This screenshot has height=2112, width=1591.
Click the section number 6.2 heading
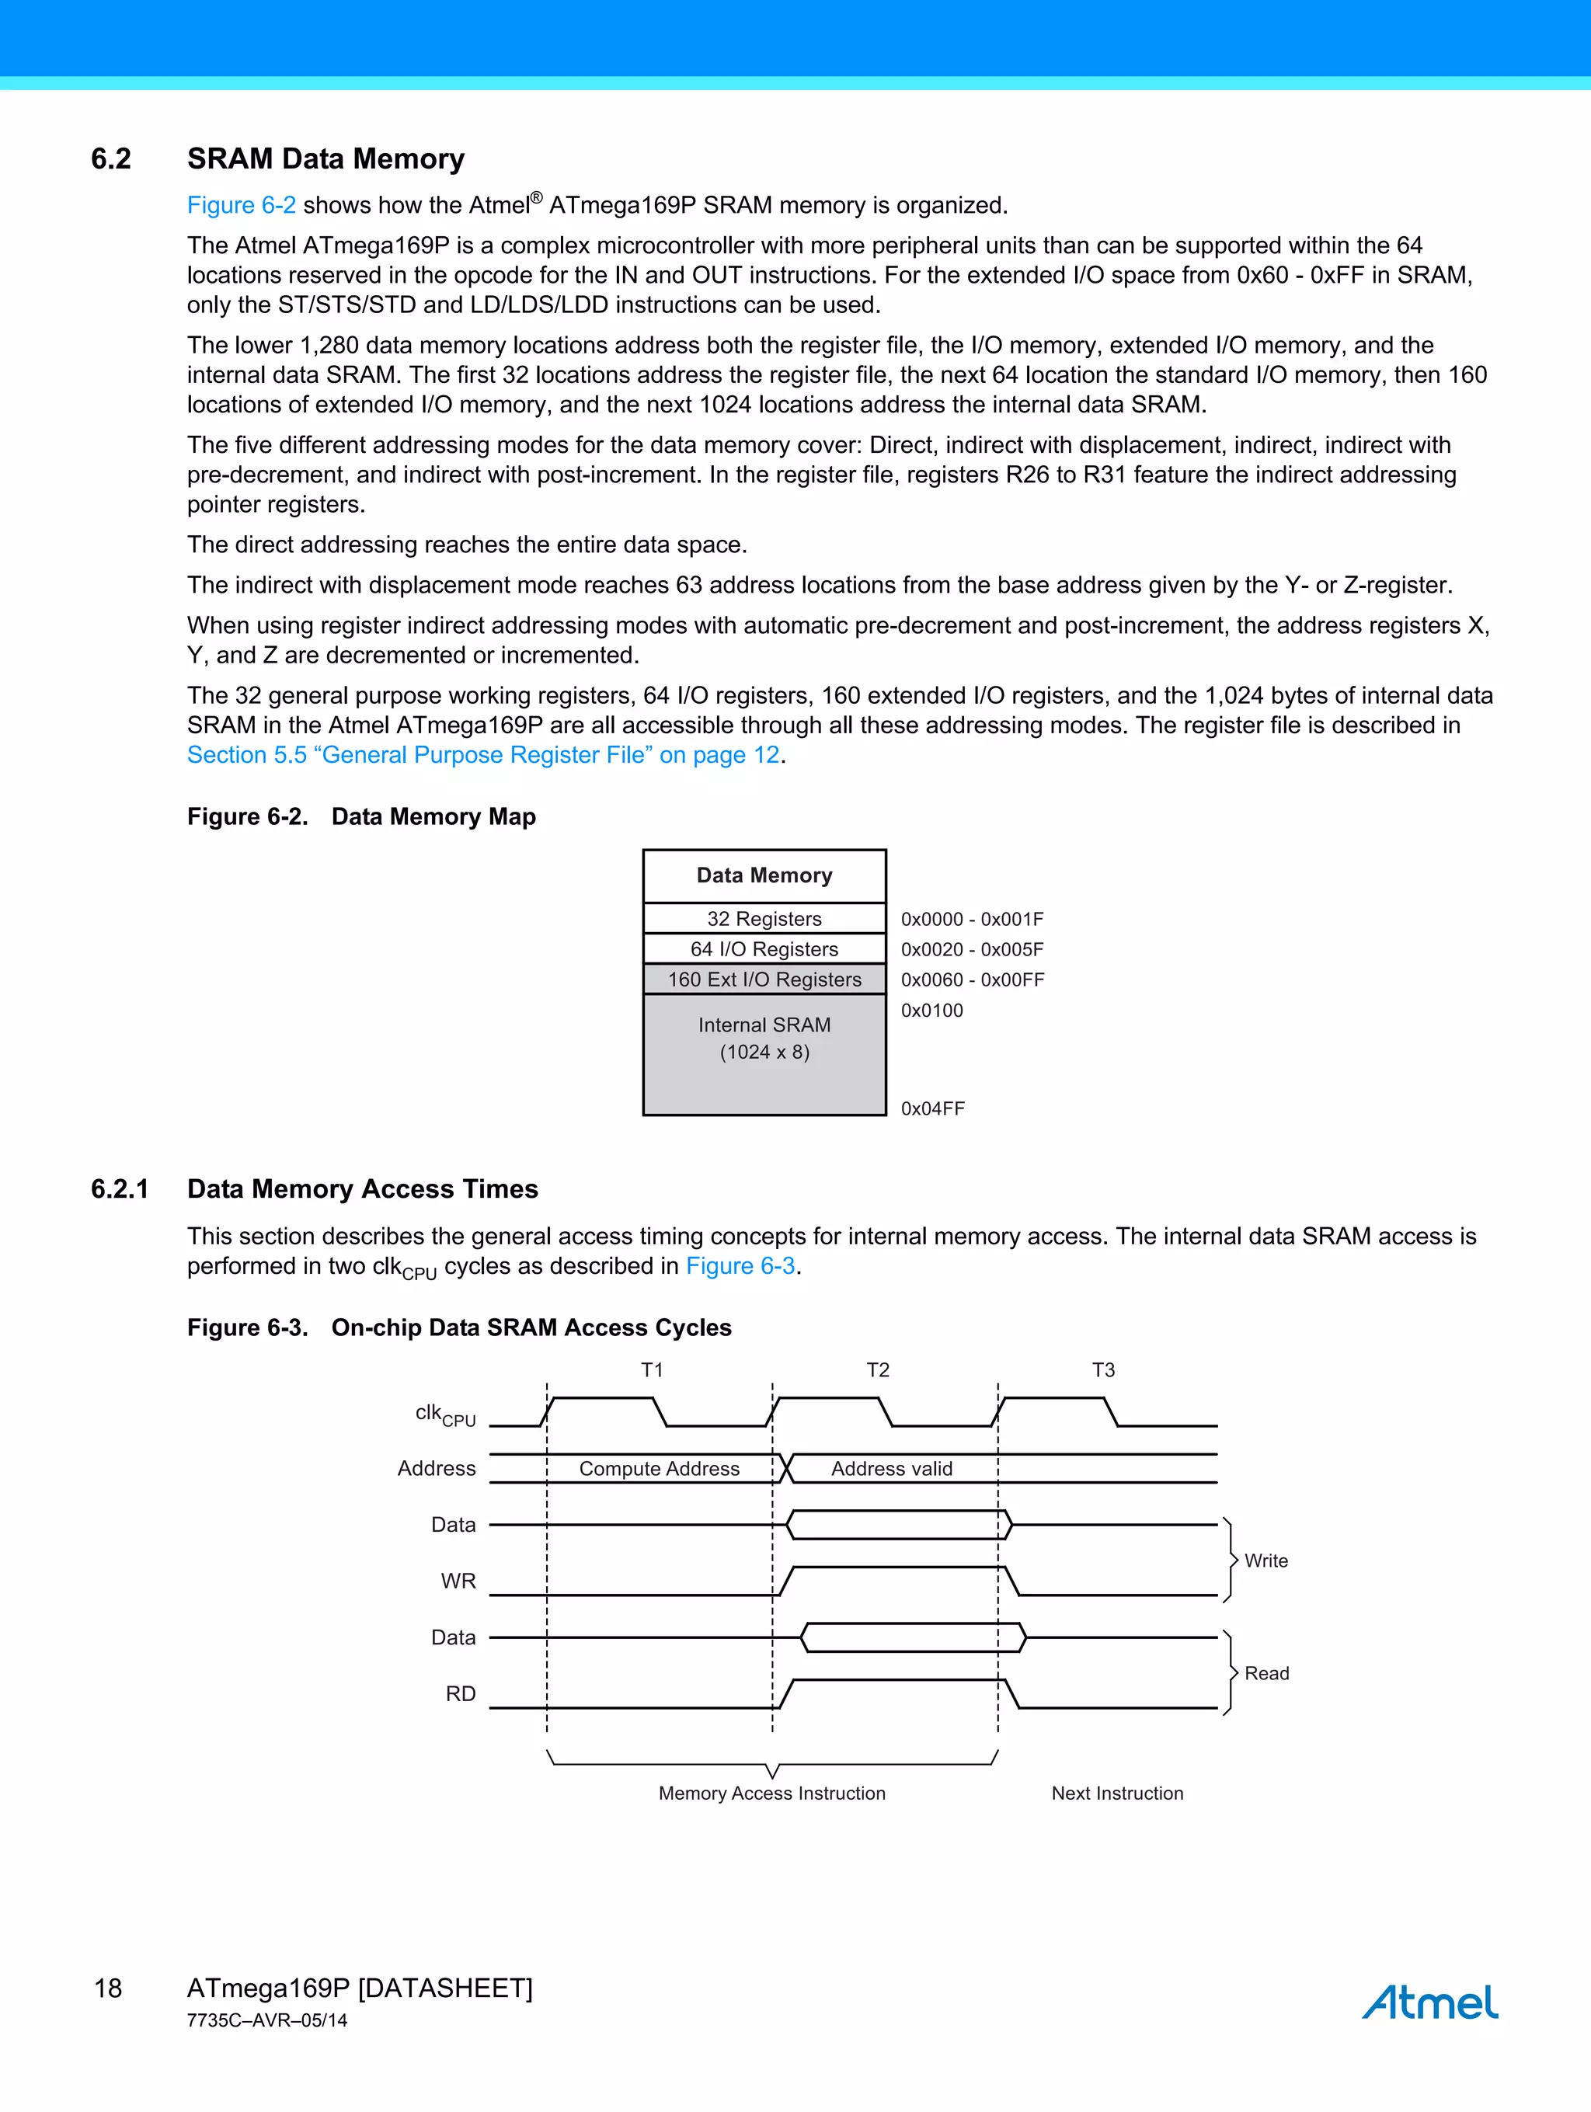coord(111,158)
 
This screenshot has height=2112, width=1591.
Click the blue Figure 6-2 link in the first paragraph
coord(241,205)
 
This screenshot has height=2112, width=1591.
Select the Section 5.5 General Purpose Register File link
coord(483,755)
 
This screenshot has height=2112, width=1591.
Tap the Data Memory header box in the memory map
coord(764,875)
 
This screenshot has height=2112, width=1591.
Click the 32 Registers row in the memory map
coord(764,918)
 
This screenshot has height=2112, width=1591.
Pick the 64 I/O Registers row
coord(764,949)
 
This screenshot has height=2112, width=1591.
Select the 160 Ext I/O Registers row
coord(764,979)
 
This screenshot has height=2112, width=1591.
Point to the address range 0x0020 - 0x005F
coord(971,949)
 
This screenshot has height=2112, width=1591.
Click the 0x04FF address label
coord(932,1108)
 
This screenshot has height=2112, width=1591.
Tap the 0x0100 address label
coord(931,1010)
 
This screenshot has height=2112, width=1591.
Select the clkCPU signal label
coord(445,1414)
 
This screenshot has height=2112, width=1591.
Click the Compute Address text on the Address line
coord(659,1469)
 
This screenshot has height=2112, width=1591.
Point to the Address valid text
coord(891,1469)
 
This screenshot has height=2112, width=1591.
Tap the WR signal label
coord(458,1581)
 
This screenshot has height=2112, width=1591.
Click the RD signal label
coord(461,1694)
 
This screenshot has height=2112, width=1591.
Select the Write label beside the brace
coord(1265,1561)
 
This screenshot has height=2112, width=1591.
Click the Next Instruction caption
coord(1116,1793)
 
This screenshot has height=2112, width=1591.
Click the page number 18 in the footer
coord(108,1988)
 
